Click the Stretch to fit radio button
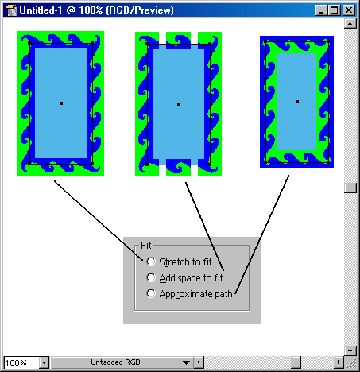[x=151, y=262]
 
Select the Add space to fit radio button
[x=151, y=277]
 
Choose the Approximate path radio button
[x=151, y=293]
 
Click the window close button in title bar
[x=349, y=10]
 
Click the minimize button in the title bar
[x=321, y=10]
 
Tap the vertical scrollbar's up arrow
[x=350, y=24]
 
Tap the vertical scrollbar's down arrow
[x=350, y=351]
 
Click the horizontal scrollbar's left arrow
[x=199, y=362]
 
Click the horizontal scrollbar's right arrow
[x=339, y=362]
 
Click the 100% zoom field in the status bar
[x=21, y=362]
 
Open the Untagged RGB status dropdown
[x=186, y=362]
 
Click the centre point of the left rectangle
[x=61, y=103]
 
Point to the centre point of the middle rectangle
[x=179, y=104]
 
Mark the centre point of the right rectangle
[x=297, y=102]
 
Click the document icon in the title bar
[x=11, y=10]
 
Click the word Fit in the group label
[x=146, y=246]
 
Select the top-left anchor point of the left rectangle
[x=29, y=43]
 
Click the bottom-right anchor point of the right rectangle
[x=328, y=162]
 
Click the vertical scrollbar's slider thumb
[x=350, y=188]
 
